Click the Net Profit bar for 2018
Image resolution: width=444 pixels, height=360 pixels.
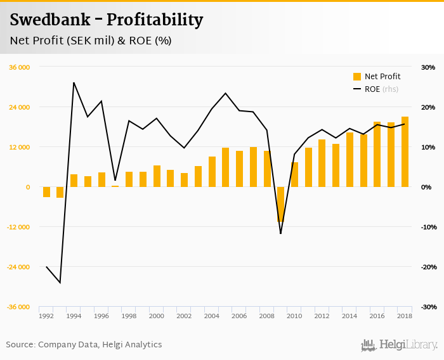[405, 152]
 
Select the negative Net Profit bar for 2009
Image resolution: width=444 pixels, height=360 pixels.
[281, 204]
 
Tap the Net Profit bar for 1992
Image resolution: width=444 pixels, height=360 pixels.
[46, 192]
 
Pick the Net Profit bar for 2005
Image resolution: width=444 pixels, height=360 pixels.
[226, 167]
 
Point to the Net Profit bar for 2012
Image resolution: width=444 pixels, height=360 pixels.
[322, 163]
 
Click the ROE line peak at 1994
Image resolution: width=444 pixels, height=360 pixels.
[74, 82]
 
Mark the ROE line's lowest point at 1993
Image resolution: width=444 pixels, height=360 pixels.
[60, 283]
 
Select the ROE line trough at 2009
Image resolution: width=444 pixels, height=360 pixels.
[281, 233]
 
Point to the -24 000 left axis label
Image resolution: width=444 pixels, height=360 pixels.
[19, 267]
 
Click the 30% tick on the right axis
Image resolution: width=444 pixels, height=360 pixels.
[428, 67]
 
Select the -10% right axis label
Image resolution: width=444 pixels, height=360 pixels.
[427, 227]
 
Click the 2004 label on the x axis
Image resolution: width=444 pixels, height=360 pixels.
[212, 316]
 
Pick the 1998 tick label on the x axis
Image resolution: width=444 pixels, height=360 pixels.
[129, 316]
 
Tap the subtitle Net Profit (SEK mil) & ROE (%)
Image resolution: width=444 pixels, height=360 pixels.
[91, 41]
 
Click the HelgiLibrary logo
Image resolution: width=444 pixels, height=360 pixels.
[400, 345]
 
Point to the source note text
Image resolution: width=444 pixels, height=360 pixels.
[84, 345]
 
